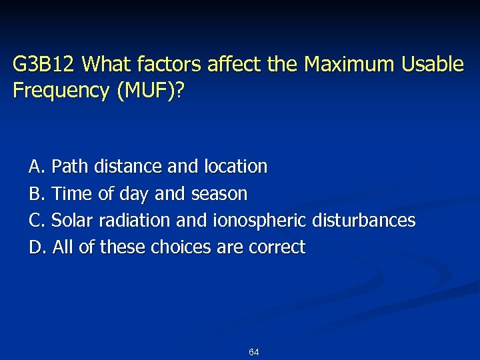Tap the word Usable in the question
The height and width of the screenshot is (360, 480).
[x=431, y=65]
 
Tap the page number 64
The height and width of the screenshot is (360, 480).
[x=253, y=352]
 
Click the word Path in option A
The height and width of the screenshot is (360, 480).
[x=71, y=166]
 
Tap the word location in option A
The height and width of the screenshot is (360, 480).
[x=236, y=166]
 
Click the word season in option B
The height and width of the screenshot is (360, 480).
[x=219, y=194]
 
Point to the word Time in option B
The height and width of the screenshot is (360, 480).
[x=72, y=194]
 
